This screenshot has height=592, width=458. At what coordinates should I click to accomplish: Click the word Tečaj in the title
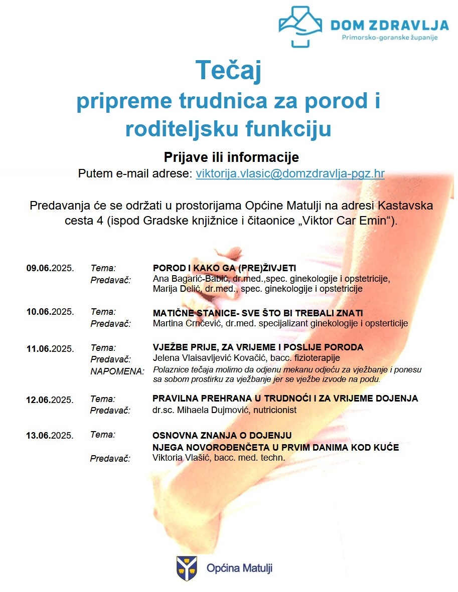pos(228,70)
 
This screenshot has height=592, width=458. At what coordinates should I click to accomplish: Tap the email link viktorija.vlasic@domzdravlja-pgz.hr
pos(290,174)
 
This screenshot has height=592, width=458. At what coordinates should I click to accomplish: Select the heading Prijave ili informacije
pos(231,157)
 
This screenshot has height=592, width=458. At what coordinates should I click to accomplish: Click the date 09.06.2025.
pos(50,268)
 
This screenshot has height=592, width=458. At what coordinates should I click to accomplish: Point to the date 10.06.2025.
pos(50,312)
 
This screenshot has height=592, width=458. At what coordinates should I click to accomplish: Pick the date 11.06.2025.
pos(50,348)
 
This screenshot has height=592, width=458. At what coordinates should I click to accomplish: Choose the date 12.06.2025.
pos(50,400)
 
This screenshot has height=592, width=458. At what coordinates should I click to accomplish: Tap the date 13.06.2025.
pos(50,435)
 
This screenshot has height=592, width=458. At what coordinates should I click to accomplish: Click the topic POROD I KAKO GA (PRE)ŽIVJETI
pos(224,268)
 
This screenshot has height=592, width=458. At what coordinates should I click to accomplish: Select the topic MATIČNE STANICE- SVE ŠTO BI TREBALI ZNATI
pos(257,313)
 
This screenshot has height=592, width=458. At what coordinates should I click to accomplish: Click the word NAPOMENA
pos(117,371)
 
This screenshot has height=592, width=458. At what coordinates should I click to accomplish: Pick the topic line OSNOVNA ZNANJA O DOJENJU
pos(222,436)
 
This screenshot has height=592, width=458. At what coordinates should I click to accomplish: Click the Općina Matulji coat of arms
pos(186,568)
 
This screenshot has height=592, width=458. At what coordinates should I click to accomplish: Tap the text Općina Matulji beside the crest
pos(239,568)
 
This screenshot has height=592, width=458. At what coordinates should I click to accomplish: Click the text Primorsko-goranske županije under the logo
pos(389,38)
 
